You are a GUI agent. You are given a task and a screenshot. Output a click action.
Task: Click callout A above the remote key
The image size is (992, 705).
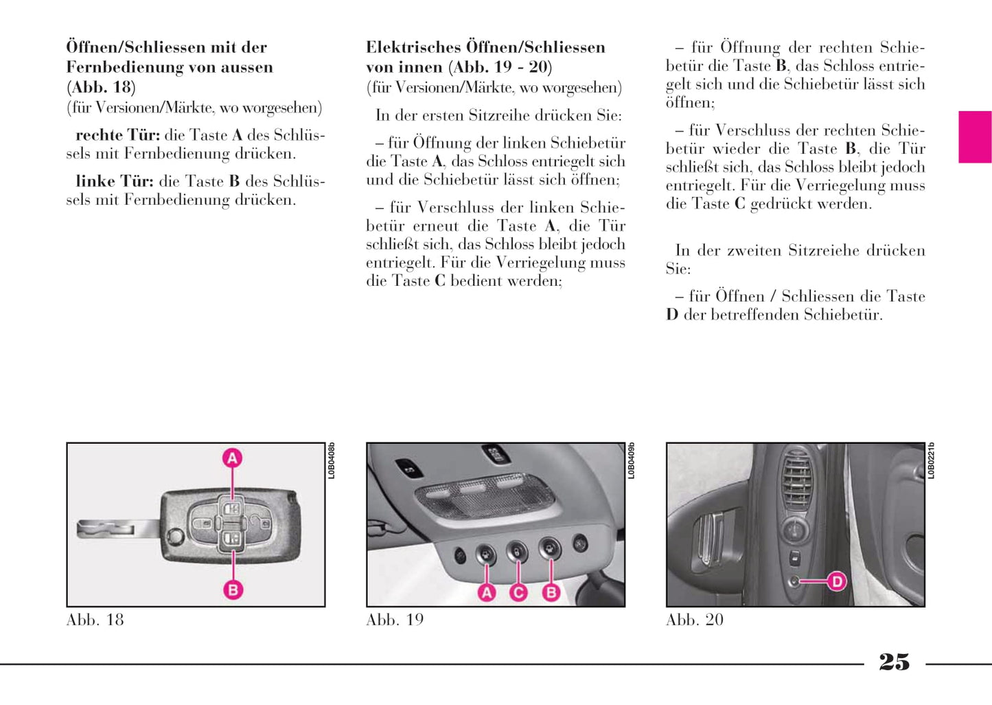tap(233, 458)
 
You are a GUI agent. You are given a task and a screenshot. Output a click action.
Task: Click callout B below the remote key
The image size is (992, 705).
tap(233, 590)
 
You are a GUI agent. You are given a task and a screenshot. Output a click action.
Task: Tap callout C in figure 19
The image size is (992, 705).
tap(518, 592)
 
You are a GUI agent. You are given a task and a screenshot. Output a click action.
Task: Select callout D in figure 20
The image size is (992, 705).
tap(837, 582)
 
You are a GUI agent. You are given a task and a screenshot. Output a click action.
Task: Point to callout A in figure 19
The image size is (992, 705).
tap(487, 592)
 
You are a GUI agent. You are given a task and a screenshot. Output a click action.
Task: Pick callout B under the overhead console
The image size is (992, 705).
tap(551, 592)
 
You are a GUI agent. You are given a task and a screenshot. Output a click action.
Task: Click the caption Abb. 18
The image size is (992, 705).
tap(95, 620)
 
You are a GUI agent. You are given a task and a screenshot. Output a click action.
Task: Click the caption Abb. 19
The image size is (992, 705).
tap(395, 620)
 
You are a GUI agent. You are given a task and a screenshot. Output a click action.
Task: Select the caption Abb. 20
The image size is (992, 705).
tap(695, 620)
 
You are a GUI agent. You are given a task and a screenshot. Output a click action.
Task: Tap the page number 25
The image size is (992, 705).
tap(894, 662)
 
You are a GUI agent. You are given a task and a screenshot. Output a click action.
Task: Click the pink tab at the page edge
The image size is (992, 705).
tap(975, 137)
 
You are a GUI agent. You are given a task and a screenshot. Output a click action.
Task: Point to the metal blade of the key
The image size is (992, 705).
tap(117, 528)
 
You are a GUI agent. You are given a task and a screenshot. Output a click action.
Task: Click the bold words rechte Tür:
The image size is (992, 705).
tap(117, 135)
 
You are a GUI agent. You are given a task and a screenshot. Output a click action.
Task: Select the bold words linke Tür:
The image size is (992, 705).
tap(114, 181)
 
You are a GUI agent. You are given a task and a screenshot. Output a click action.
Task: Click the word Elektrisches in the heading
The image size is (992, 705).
tap(413, 47)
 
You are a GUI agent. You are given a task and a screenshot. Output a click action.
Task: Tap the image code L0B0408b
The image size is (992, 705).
tap(332, 461)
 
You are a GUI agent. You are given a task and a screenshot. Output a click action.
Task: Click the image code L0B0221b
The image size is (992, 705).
tap(932, 461)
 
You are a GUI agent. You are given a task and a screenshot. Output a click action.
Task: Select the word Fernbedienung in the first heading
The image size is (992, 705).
tap(117, 67)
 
